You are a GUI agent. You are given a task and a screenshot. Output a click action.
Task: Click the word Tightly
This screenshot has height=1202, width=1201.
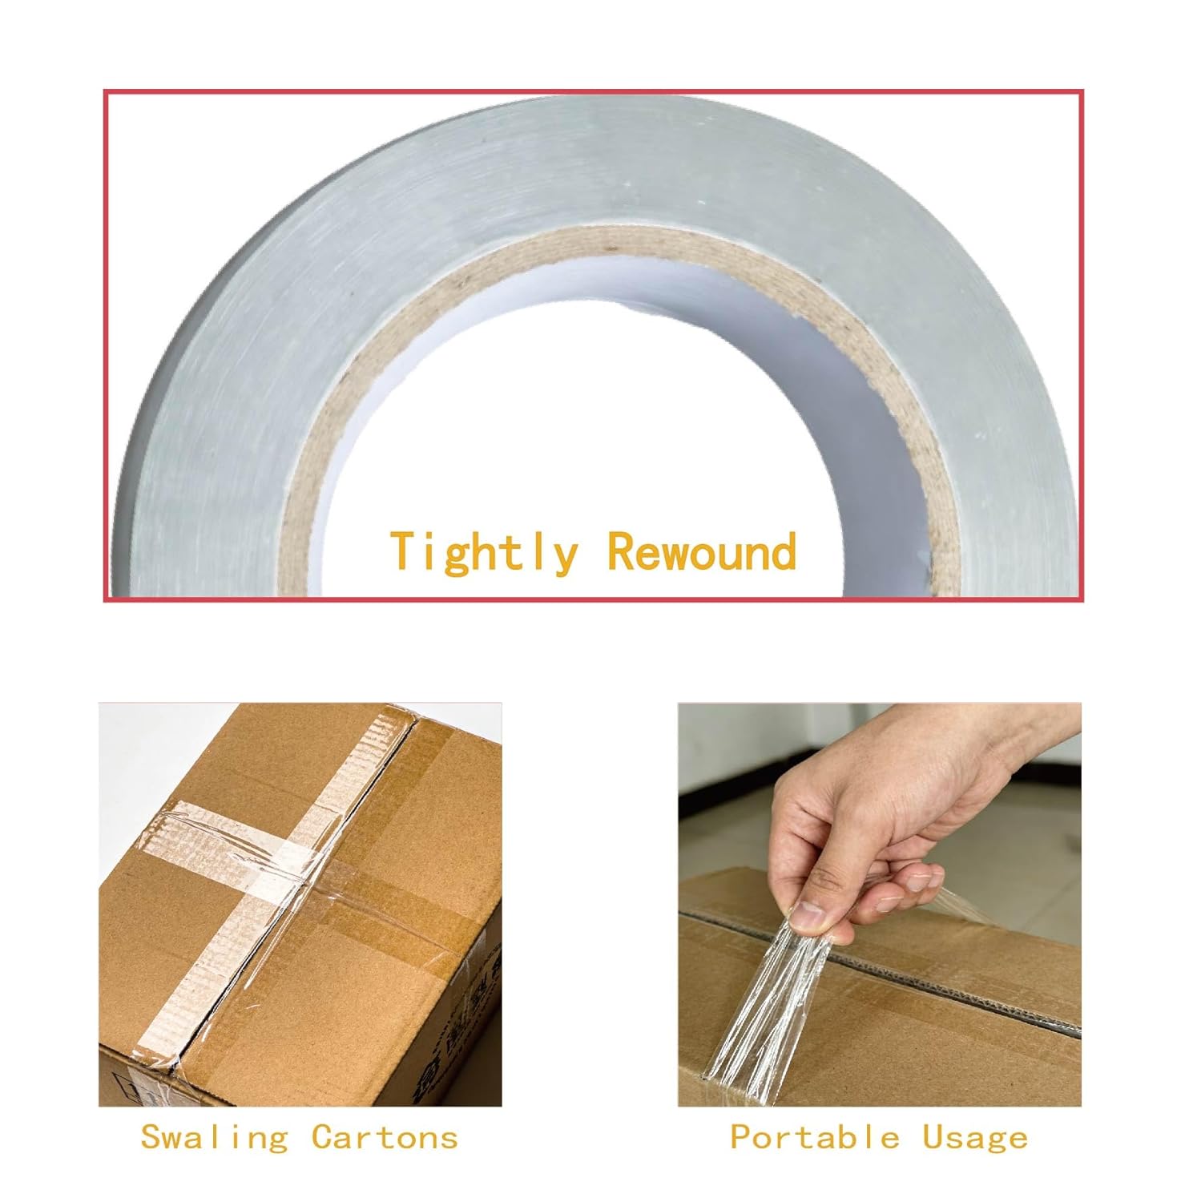[484, 552]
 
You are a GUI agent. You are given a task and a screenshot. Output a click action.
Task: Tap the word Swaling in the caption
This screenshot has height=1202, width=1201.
[214, 1137]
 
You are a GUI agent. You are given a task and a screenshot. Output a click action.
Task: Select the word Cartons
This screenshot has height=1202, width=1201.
[385, 1137]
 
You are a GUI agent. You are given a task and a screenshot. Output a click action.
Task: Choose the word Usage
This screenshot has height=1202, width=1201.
[975, 1138]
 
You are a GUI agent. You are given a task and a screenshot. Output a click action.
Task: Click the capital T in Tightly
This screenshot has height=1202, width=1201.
[405, 551]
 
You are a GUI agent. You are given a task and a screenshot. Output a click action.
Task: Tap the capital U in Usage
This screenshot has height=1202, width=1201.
[933, 1137]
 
